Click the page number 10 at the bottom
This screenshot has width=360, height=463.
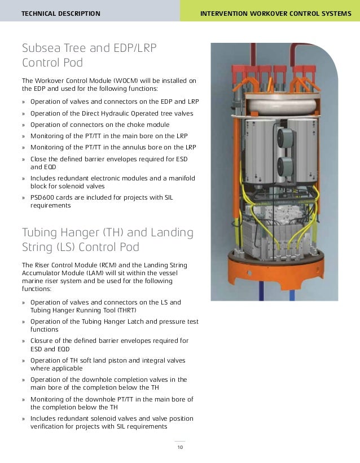[179, 448]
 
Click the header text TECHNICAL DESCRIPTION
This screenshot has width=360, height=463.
[60, 14]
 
